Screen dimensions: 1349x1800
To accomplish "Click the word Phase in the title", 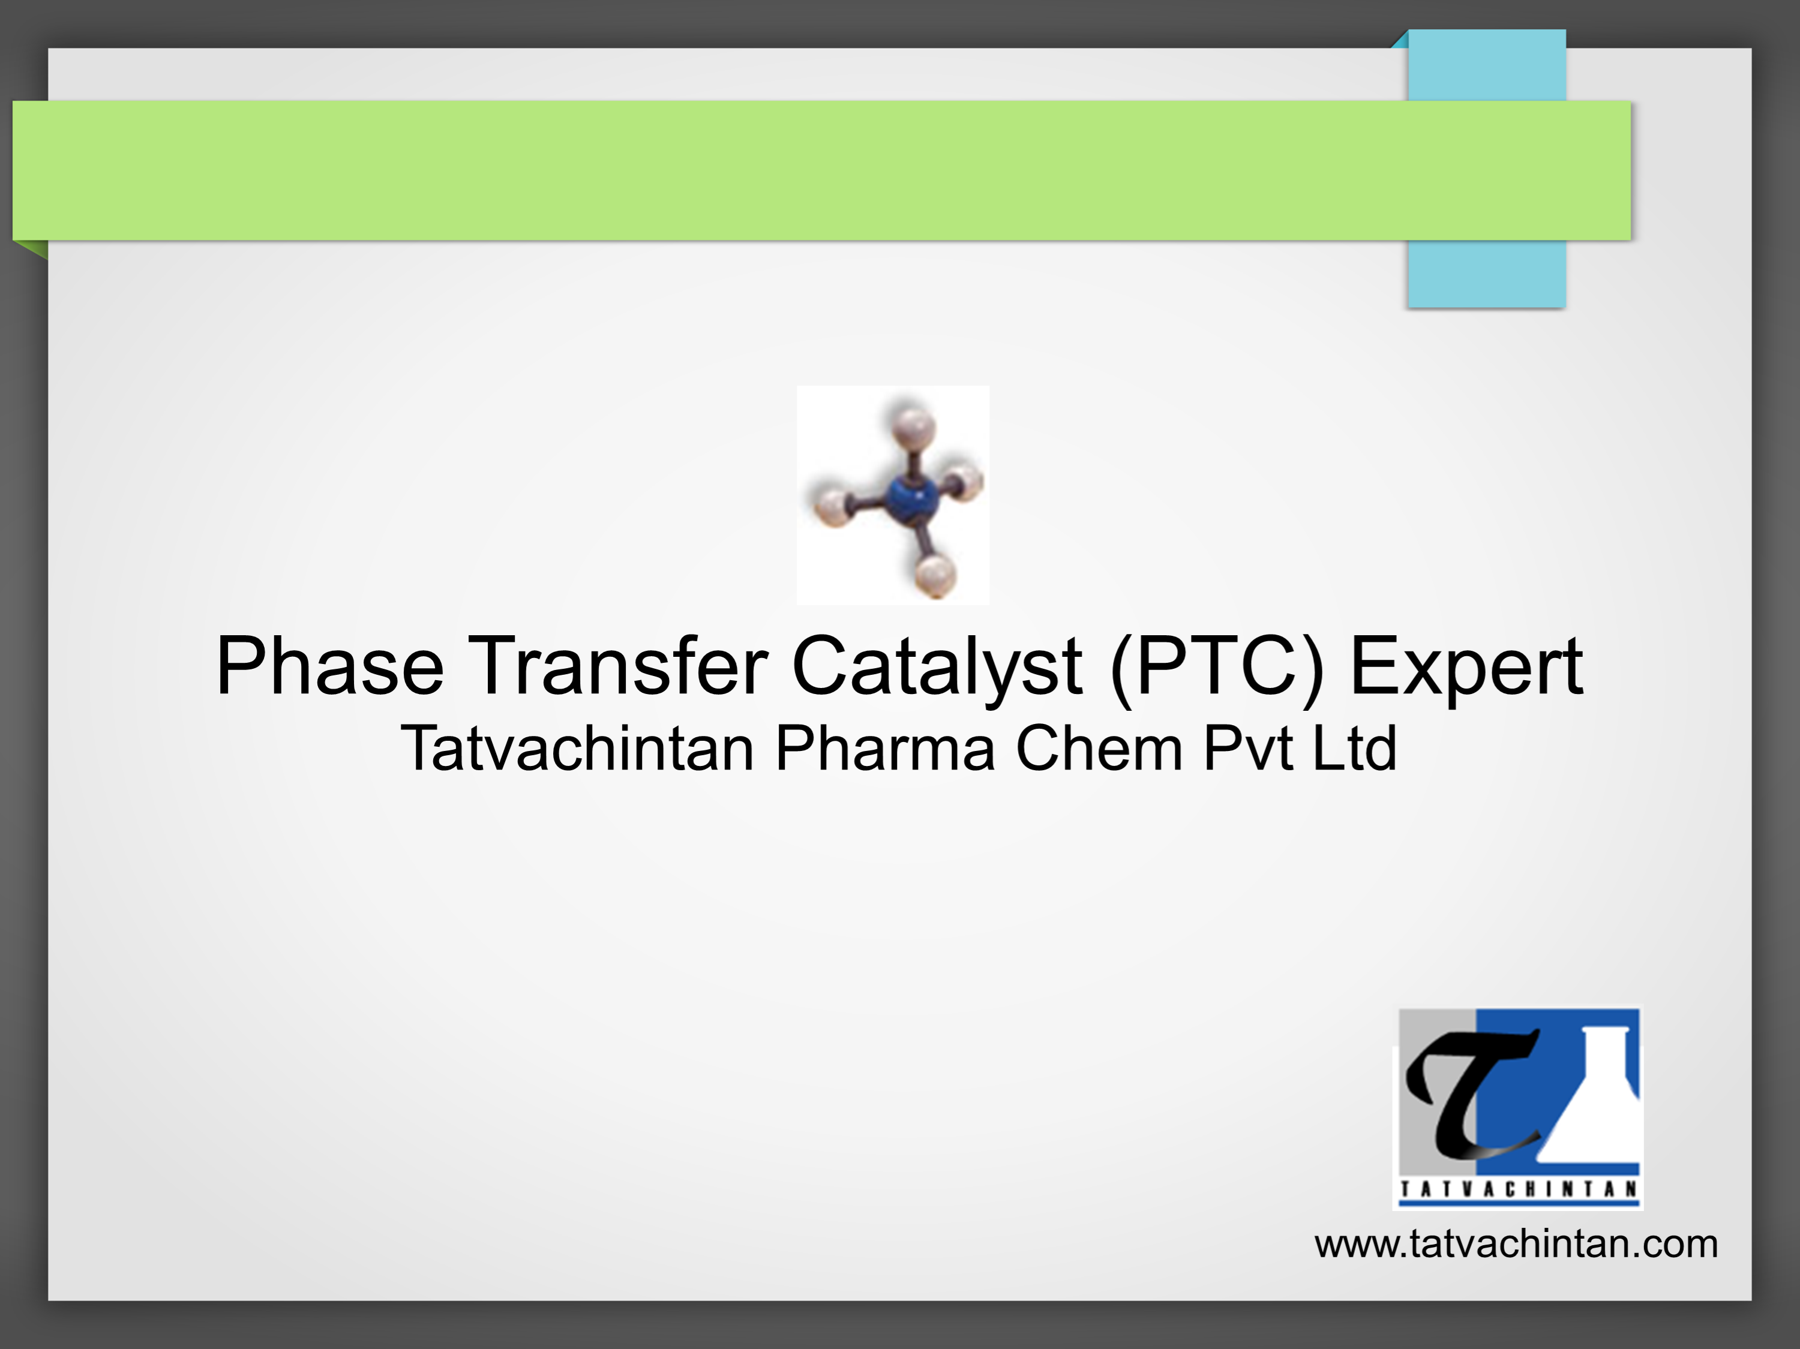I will point(329,667).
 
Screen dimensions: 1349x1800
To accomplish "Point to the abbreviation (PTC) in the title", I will point(1217,667).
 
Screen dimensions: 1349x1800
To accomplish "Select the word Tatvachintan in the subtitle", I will point(577,749).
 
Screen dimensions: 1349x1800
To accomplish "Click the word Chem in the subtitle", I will point(1099,749).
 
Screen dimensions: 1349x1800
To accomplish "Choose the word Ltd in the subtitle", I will point(1355,749).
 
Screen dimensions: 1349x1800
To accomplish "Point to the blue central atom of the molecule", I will point(911,498).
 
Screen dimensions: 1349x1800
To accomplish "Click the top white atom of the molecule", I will point(912,425).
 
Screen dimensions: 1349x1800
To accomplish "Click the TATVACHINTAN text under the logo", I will point(1519,1189).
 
